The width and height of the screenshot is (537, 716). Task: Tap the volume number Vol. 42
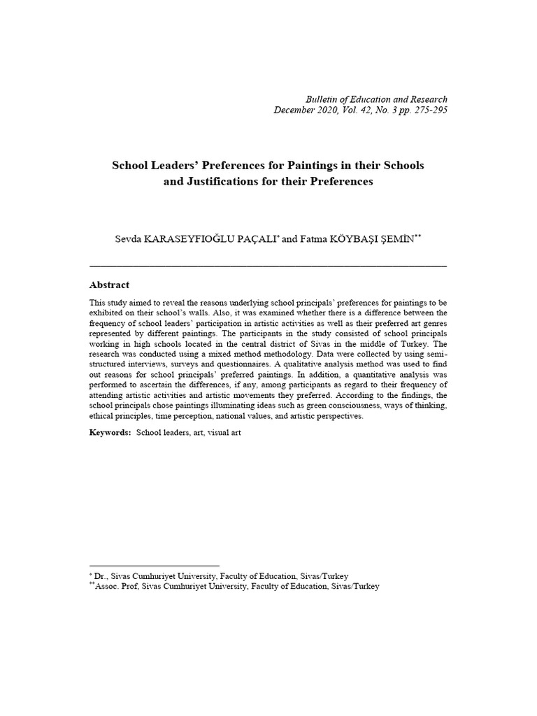(355, 110)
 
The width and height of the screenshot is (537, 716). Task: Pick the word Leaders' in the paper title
(180, 166)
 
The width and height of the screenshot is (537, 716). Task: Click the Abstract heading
(109, 285)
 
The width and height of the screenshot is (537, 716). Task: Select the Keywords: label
(110, 433)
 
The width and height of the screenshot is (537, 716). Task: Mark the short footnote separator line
(155, 566)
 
